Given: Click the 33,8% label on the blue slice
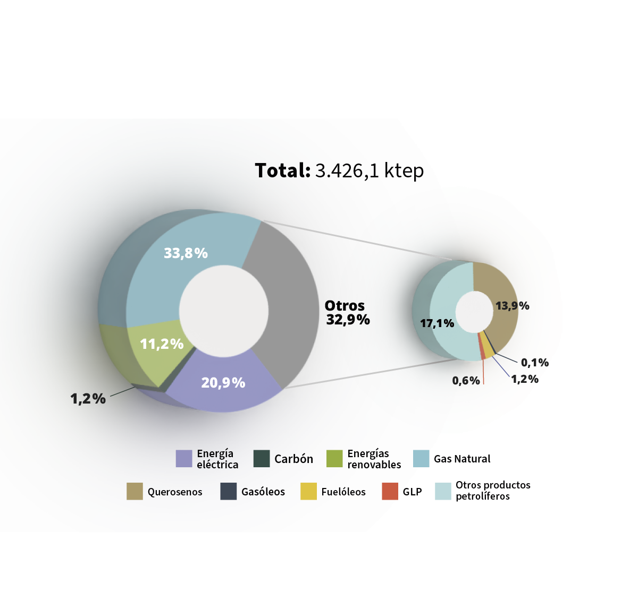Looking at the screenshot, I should tap(186, 253).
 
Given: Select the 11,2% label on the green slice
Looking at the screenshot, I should tap(162, 344).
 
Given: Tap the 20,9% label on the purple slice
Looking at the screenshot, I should tap(223, 382).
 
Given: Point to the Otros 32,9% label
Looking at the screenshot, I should tap(347, 313).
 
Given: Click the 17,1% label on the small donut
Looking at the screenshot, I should tap(437, 323).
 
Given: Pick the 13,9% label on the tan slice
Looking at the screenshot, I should tap(513, 306).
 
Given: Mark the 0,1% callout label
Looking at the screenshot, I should tap(534, 363).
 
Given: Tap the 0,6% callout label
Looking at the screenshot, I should tap(466, 381).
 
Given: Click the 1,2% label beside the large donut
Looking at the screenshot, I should tap(88, 398).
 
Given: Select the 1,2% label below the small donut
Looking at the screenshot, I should tap(525, 379).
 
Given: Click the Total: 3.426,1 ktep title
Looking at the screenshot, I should tap(339, 171).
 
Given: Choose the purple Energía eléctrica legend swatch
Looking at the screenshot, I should tap(184, 458).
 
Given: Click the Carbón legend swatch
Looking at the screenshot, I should tap(262, 458).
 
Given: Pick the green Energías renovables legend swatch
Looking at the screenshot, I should tap(334, 458).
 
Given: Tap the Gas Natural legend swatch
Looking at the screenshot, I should tap(421, 458).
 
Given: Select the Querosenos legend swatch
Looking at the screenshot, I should tap(135, 491).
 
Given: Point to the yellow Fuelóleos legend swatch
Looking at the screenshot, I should tap(308, 491).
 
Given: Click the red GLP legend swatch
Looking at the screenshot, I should tap(390, 491).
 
